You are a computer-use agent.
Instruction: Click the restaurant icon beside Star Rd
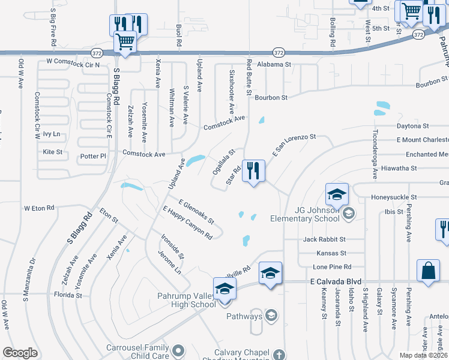pyautogui.click(x=254, y=172)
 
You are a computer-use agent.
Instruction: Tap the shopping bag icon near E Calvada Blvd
pyautogui.click(x=429, y=271)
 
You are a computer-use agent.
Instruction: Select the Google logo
pyautogui.click(x=20, y=353)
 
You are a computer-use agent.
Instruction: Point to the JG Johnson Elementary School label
pyautogui.click(x=305, y=214)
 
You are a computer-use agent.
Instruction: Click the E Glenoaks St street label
pyautogui.click(x=196, y=212)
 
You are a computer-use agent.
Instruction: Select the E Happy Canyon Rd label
pyautogui.click(x=188, y=223)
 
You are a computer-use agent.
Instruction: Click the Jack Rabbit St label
pyautogui.click(x=325, y=239)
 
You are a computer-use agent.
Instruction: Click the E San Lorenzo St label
pyautogui.click(x=295, y=146)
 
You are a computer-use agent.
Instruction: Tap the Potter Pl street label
pyautogui.click(x=93, y=156)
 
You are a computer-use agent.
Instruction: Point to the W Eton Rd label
pyautogui.click(x=39, y=208)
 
